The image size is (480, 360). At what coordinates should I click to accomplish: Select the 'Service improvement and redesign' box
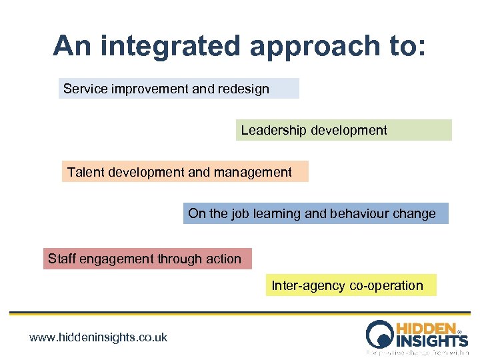tap(179, 89)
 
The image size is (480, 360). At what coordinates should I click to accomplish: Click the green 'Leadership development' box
tap(343, 130)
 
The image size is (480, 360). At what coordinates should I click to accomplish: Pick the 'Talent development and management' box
tap(185, 172)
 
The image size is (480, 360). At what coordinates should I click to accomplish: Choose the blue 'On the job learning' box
tap(316, 213)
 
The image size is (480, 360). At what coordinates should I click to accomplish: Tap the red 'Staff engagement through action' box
tap(147, 259)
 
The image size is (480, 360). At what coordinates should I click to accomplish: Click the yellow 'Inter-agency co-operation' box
tap(351, 285)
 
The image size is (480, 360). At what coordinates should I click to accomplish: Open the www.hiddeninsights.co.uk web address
tap(98, 337)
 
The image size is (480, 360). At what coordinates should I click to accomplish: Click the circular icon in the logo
tap(380, 334)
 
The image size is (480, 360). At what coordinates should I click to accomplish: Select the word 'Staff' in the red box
tap(62, 259)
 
